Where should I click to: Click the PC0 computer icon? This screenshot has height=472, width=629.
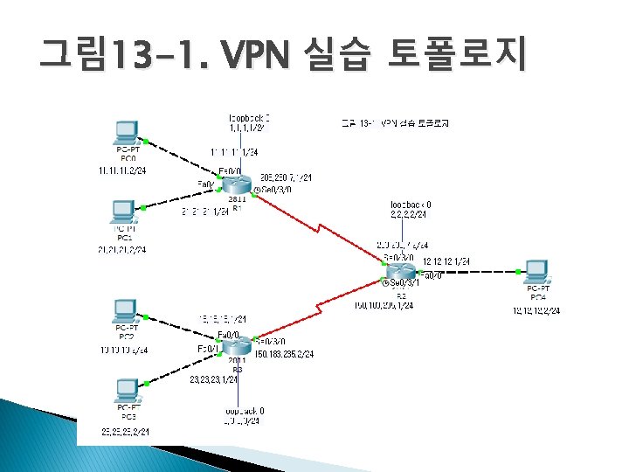pyautogui.click(x=128, y=134)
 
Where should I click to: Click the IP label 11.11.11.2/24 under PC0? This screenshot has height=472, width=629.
pyautogui.click(x=122, y=170)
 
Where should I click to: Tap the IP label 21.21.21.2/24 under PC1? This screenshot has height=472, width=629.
pyautogui.click(x=122, y=250)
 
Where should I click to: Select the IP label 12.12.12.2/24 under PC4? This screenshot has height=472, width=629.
pyautogui.click(x=536, y=310)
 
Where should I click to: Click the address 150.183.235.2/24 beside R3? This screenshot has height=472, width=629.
pyautogui.click(x=284, y=354)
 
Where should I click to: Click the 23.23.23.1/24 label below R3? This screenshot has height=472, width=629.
pyautogui.click(x=218, y=379)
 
